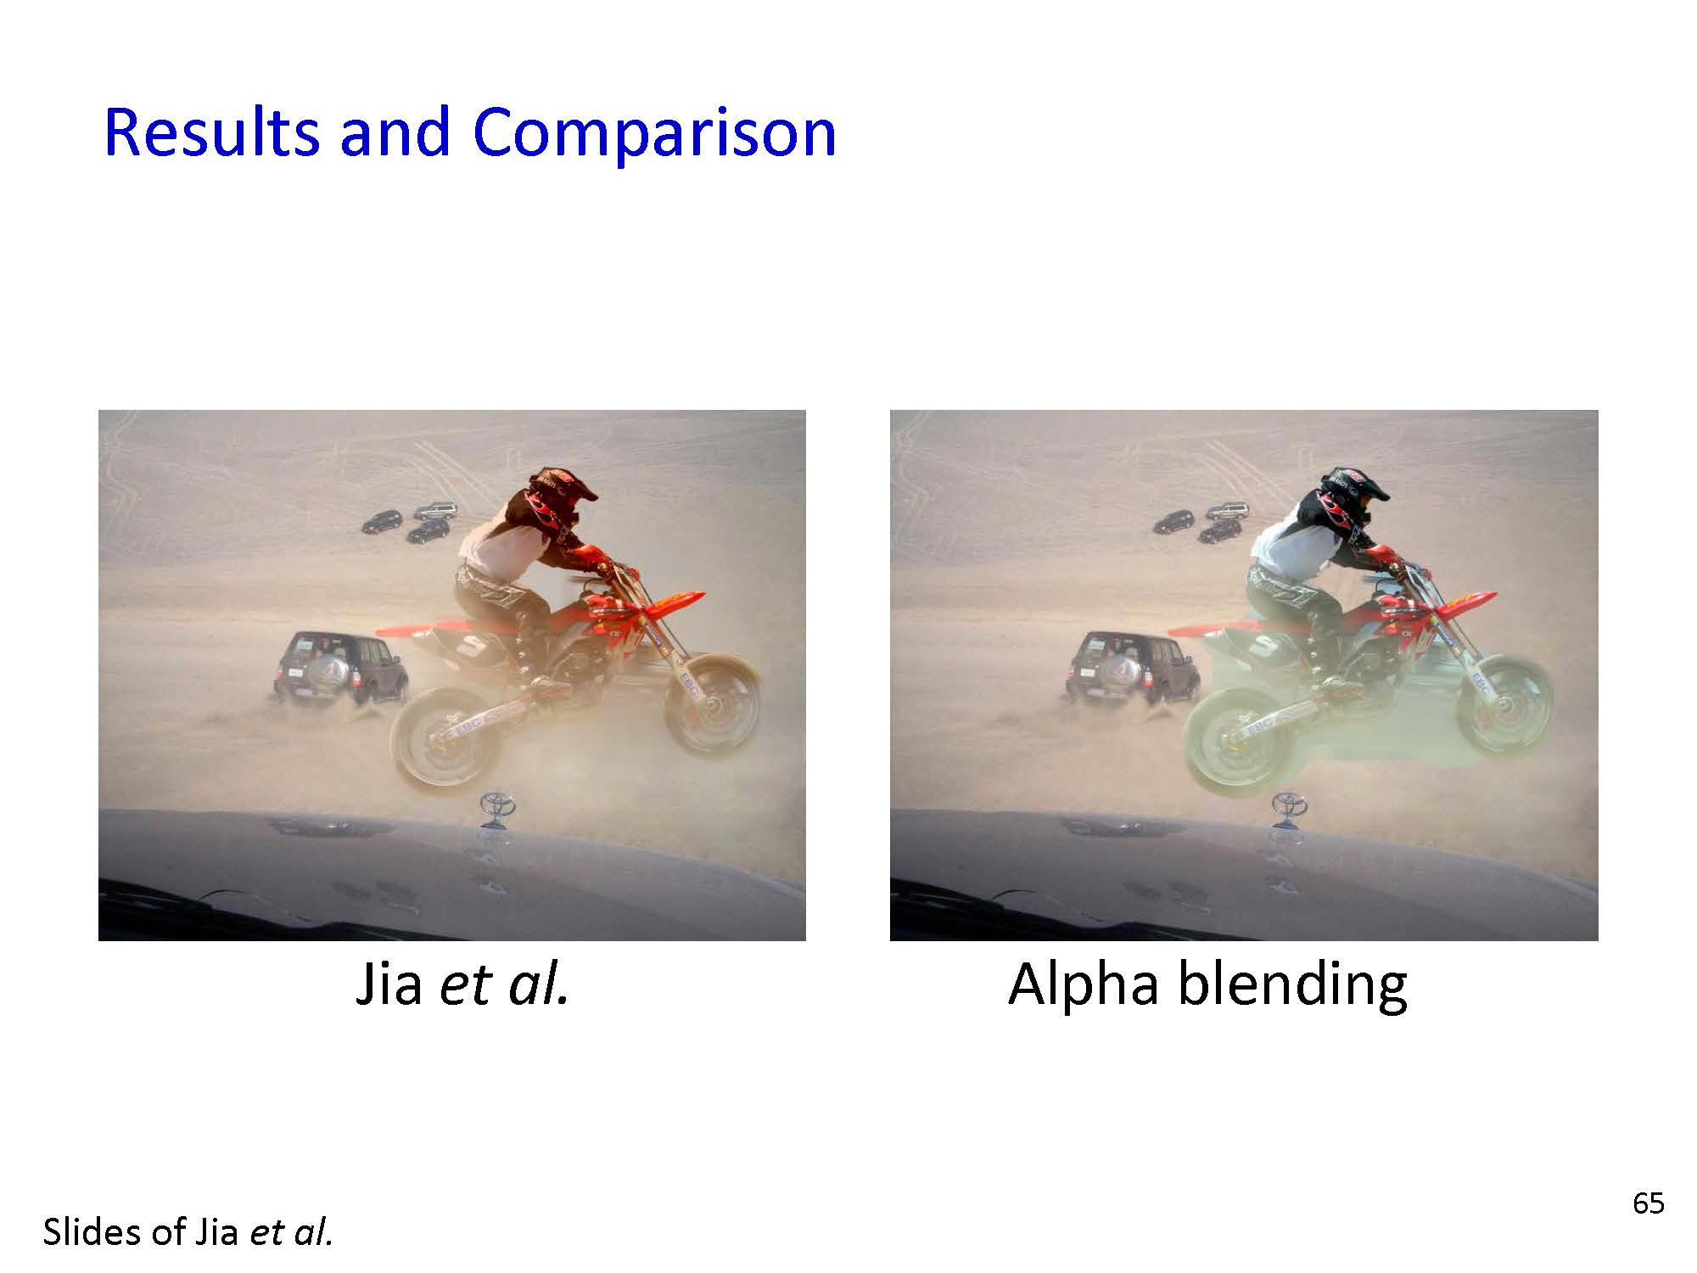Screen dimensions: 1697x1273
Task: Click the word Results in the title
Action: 212,132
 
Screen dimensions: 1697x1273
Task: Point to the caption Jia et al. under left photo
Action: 462,984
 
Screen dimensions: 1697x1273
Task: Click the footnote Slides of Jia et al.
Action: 188,1232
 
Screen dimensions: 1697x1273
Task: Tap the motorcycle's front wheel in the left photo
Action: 713,703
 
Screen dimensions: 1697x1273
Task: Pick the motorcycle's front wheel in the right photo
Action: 1504,703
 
